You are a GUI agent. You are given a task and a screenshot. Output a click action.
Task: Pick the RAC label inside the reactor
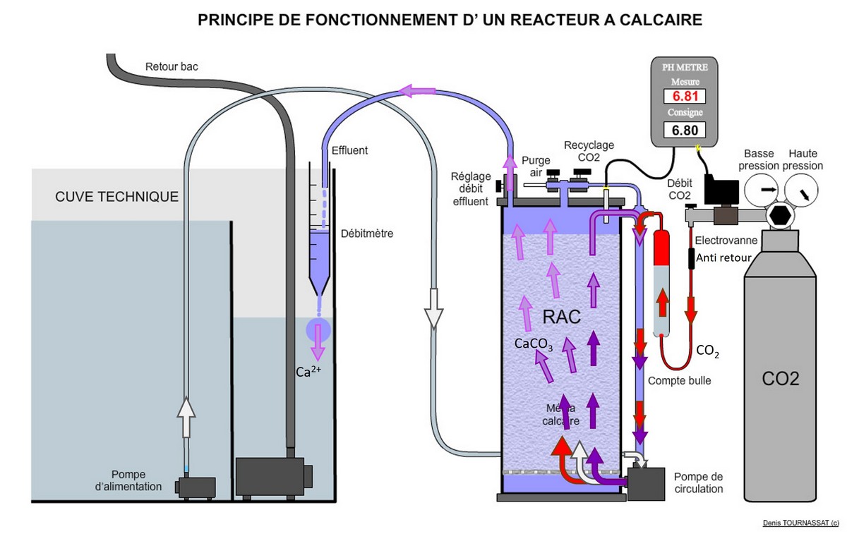(561, 317)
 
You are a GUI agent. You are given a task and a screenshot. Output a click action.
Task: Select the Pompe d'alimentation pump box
(196, 487)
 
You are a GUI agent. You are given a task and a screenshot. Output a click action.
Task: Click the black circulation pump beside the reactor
(645, 484)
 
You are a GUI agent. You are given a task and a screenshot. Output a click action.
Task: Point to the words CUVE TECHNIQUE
(116, 197)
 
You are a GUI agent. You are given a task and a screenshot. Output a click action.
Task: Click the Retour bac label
(172, 68)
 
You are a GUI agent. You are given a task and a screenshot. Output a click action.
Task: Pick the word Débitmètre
(367, 233)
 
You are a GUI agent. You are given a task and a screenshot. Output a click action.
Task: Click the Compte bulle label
(679, 381)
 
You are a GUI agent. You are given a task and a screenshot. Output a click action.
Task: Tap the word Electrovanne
(726, 241)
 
